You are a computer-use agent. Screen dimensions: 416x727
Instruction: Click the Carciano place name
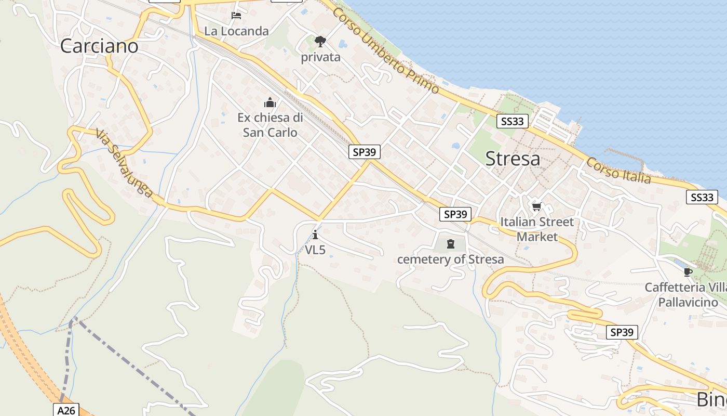tap(99, 46)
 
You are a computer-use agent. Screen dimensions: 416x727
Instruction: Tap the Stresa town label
tap(513, 159)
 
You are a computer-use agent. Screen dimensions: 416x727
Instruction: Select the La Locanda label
tap(236, 31)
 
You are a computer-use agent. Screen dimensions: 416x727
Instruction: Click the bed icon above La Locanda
tap(236, 16)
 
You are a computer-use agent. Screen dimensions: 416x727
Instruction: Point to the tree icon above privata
tap(320, 42)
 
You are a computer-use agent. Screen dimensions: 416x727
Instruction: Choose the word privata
tap(320, 57)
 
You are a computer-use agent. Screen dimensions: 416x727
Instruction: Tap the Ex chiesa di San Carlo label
tap(270, 125)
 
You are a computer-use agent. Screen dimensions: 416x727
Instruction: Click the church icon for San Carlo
tap(270, 102)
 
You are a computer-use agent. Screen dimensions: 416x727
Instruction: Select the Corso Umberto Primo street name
tap(386, 50)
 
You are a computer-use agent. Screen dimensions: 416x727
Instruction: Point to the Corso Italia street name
tap(618, 171)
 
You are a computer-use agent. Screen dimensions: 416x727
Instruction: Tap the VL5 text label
tap(315, 250)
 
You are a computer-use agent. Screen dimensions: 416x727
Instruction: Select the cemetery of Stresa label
tap(450, 259)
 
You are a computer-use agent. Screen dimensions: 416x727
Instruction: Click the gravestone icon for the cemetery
tap(450, 243)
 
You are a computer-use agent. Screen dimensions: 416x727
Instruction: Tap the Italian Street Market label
tap(537, 229)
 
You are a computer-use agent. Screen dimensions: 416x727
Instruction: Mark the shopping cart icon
tap(536, 207)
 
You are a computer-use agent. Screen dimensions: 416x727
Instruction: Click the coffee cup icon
tap(688, 272)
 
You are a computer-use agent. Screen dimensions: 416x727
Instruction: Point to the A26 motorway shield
tap(66, 410)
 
